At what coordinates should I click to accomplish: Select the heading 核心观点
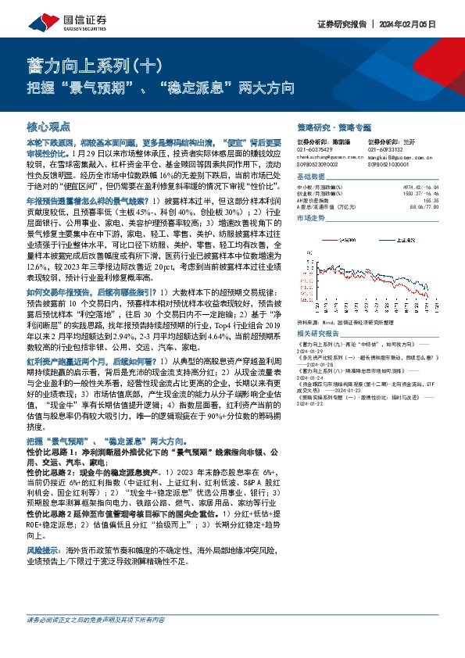click(x=49, y=126)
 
